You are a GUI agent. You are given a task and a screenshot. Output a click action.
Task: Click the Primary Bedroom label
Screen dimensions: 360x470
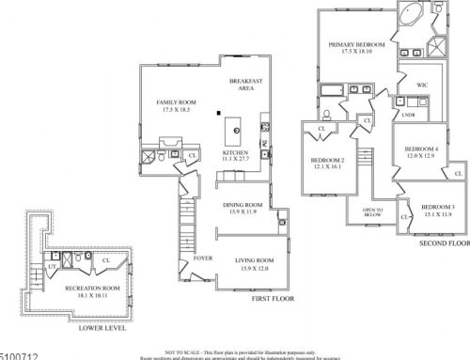coord(354,44)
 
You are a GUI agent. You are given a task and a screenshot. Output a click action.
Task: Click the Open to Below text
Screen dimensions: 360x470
coord(371,211)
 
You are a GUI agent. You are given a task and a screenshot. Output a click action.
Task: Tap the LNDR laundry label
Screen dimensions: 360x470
coord(408,116)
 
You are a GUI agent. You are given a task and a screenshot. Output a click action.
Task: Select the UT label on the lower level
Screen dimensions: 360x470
coord(51,267)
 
